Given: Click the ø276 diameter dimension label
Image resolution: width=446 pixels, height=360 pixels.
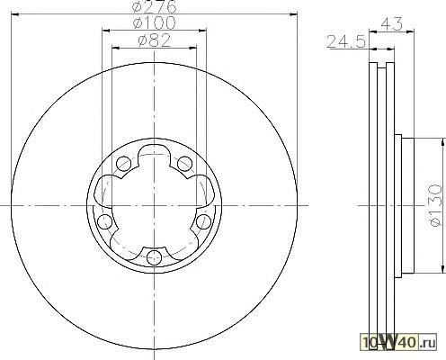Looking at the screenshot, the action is (155, 6).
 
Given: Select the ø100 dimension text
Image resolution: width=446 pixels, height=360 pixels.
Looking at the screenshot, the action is (154, 23).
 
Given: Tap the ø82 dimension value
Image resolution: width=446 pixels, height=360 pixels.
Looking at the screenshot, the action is (155, 40).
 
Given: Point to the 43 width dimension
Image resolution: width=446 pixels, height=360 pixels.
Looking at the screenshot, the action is (391, 23).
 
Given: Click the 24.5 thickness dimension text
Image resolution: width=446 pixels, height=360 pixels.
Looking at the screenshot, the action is (346, 41).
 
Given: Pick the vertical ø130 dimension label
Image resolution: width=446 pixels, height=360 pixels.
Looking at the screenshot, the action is (435, 205).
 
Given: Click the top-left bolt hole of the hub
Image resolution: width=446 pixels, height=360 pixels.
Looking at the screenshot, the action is (123, 164).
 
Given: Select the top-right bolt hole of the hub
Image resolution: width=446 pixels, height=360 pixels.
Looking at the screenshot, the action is (184, 164).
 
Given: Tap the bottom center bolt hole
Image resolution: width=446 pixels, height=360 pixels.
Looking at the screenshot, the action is (155, 257).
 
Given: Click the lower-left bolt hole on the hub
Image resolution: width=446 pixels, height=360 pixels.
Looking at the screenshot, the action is (105, 221).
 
